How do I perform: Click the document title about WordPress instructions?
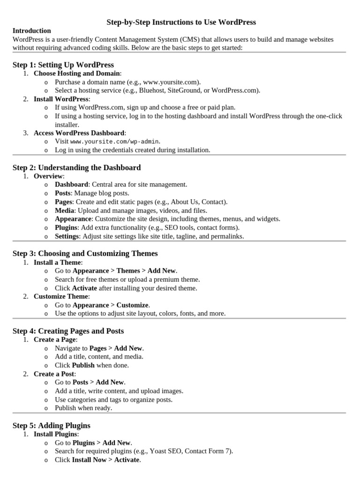pyautogui.click(x=181, y=22)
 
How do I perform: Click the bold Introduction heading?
pyautogui.click(x=32, y=30)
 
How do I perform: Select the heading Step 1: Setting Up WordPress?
pyautogui.click(x=63, y=65)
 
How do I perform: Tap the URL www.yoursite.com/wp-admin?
pyautogui.click(x=115, y=142)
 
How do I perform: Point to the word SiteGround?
pyautogui.click(x=203, y=90)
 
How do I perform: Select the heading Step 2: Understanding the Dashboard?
pyautogui.click(x=76, y=167)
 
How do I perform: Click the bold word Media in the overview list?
pyautogui.click(x=65, y=210)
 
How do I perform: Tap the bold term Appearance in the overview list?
pyautogui.click(x=73, y=219)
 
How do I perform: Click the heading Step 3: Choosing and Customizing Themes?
pyautogui.click(x=85, y=253)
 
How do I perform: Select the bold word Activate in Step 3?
pyautogui.click(x=84, y=288)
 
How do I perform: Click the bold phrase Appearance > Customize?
pyautogui.click(x=111, y=305)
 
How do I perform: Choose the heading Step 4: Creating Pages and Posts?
pyautogui.click(x=68, y=331)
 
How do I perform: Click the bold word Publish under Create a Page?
pyautogui.click(x=83, y=365)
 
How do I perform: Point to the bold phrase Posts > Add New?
pyautogui.click(x=99, y=382)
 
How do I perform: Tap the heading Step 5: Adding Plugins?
pyautogui.click(x=52, y=426)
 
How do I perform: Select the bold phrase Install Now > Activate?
pyautogui.click(x=105, y=460)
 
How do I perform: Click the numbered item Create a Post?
pyautogui.click(x=54, y=374)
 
